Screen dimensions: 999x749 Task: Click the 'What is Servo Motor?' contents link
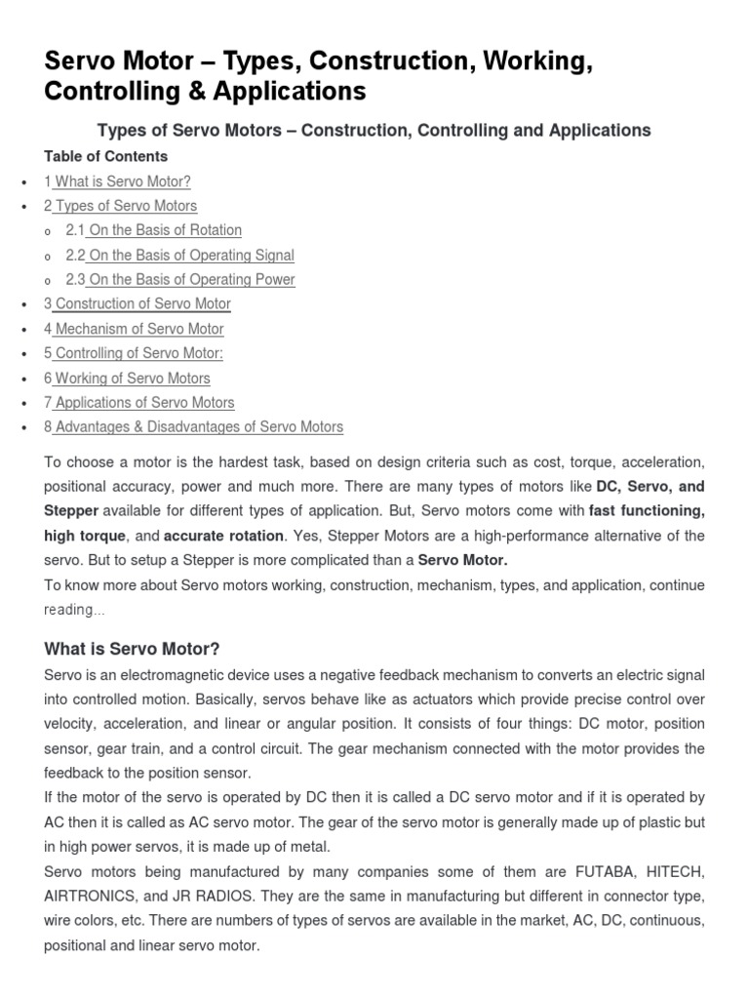[122, 181]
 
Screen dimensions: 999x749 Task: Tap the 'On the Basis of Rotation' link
[165, 230]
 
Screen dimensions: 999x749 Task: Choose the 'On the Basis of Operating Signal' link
[191, 255]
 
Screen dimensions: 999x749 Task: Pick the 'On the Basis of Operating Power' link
[191, 279]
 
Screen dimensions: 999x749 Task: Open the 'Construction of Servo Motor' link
[142, 303]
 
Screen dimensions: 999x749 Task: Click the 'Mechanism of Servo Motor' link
[138, 329]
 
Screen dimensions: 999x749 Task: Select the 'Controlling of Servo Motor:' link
[138, 353]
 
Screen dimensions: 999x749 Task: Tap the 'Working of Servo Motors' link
[132, 378]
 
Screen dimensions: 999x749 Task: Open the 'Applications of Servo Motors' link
[144, 402]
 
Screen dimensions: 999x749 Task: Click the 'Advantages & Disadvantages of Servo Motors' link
[199, 426]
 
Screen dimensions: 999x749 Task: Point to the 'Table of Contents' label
[106, 156]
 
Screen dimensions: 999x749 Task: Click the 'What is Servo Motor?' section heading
[133, 649]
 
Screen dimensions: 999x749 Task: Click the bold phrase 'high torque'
[85, 536]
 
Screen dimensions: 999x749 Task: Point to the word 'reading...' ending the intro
[74, 610]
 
